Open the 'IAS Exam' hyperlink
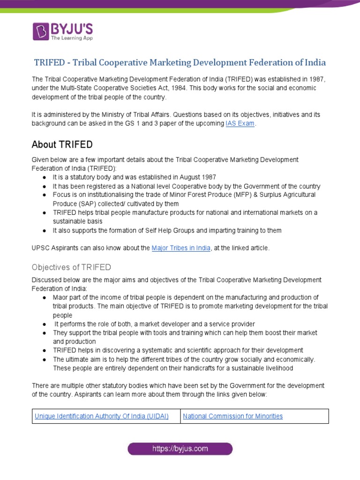pos(240,123)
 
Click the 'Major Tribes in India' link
pos(181,248)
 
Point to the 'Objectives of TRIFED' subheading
pos(71,267)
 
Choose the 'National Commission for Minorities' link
pos(232,416)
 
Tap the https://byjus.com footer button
pos(180,449)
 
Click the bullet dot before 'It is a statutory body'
pos(44,177)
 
